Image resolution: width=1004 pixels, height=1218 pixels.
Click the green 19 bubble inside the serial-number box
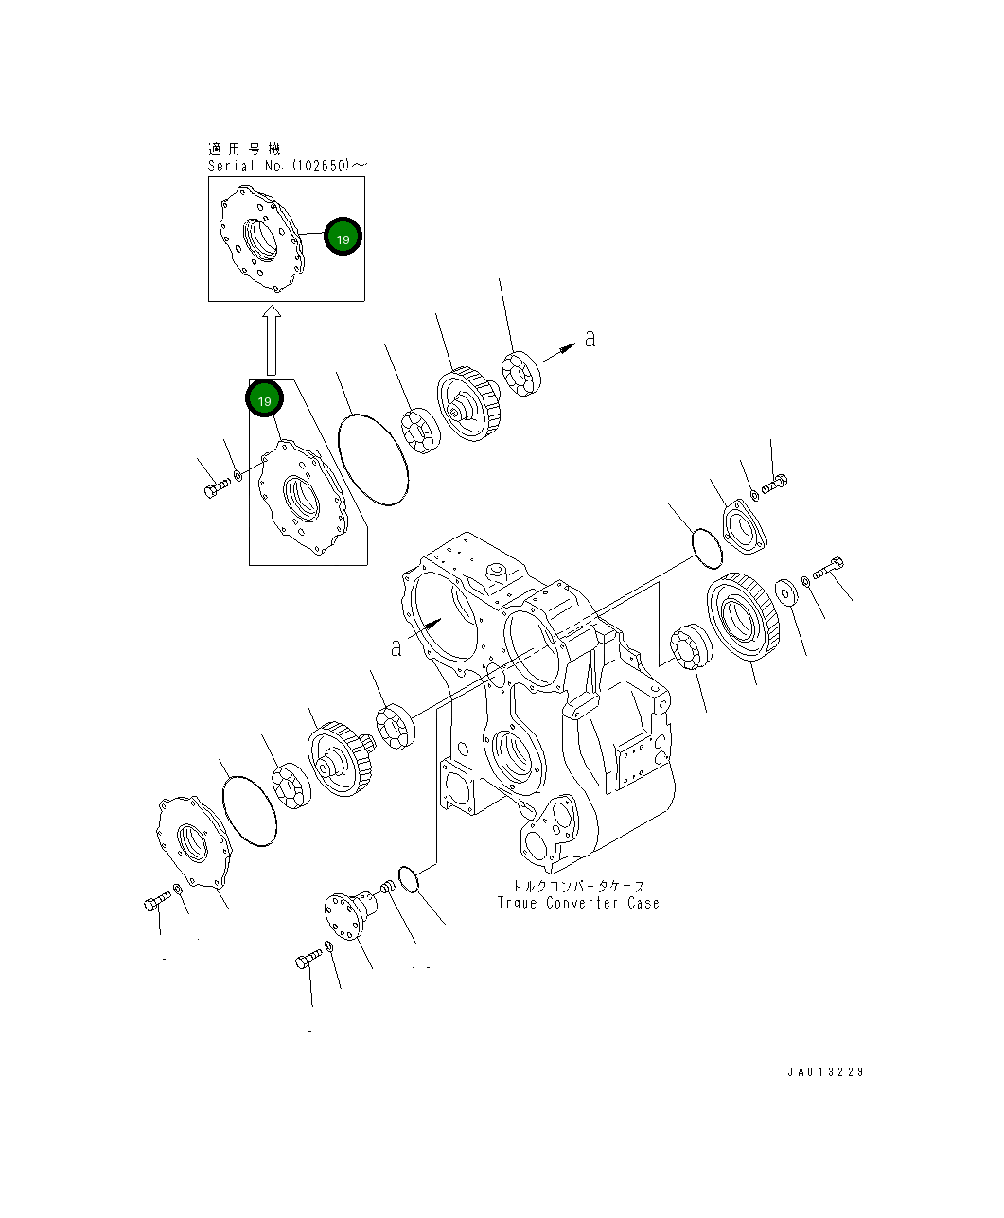(x=343, y=238)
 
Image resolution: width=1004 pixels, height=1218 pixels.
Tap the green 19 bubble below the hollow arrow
(x=264, y=399)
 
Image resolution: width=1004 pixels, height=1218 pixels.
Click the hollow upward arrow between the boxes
(x=272, y=340)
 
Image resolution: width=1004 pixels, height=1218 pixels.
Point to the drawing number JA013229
(x=824, y=1072)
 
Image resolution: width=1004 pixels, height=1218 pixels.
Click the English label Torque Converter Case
(x=578, y=903)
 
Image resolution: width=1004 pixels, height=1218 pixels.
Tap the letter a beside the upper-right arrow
(x=590, y=338)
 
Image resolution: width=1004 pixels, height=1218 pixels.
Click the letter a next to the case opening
(x=396, y=647)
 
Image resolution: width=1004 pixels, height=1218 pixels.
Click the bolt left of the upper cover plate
(x=216, y=488)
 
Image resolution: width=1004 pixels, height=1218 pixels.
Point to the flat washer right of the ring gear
(x=786, y=592)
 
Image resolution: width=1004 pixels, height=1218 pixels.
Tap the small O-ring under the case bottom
(x=408, y=878)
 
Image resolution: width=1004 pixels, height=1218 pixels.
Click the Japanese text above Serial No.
(x=244, y=149)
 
